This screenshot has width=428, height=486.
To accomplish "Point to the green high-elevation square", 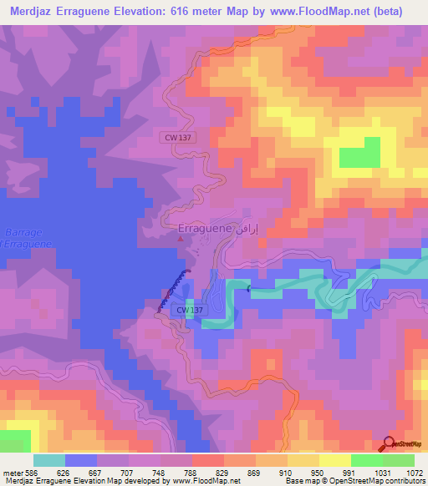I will click(x=359, y=152).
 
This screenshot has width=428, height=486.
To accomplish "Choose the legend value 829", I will click(x=209, y=473).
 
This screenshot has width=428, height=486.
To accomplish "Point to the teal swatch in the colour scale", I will click(x=48, y=460).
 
